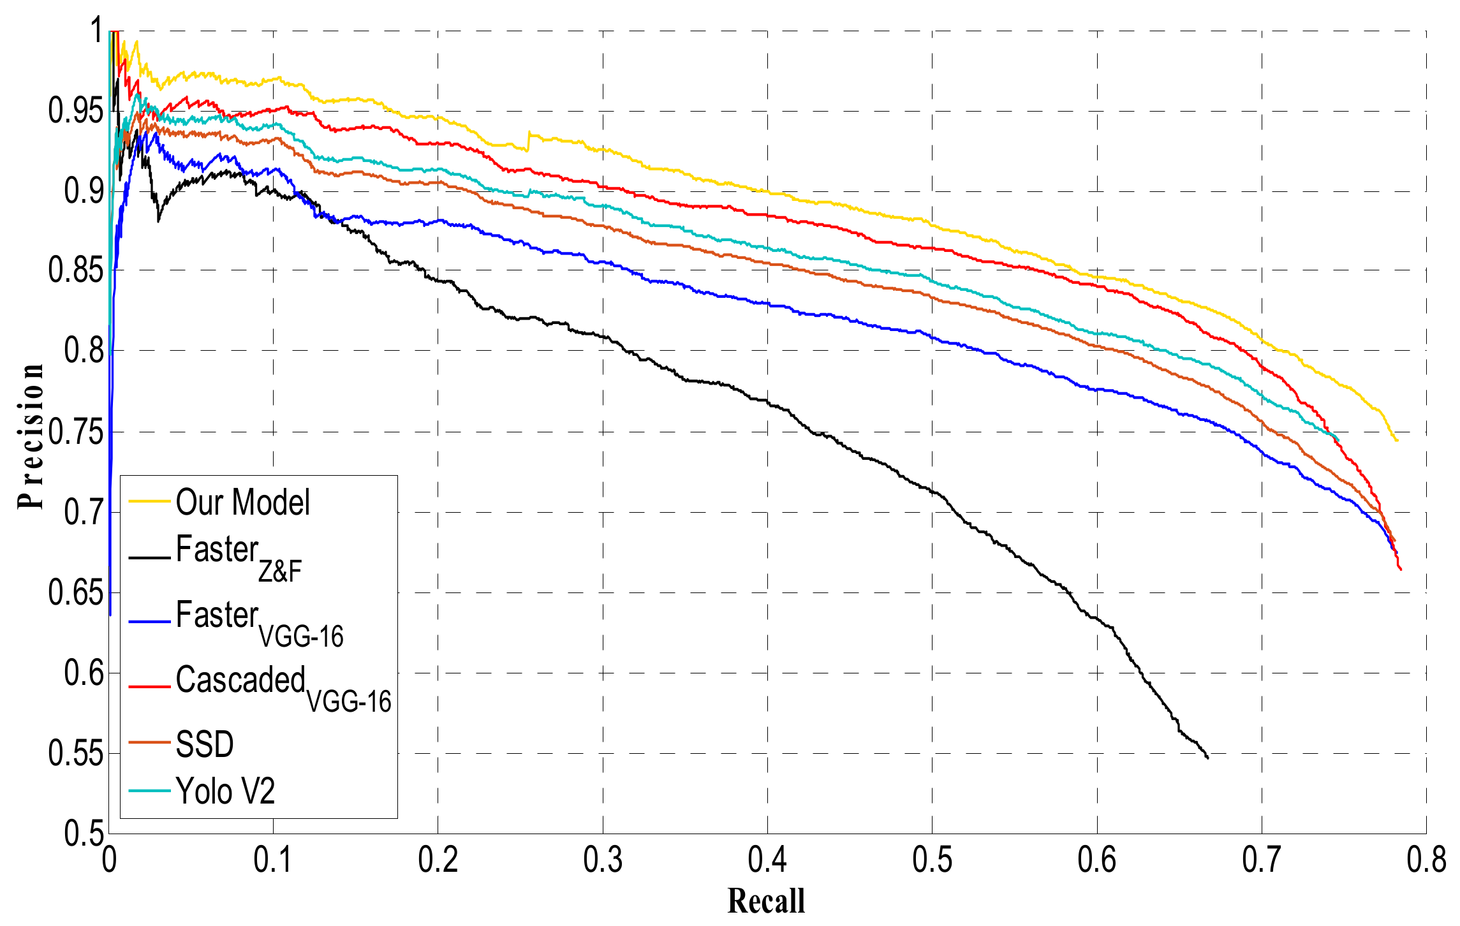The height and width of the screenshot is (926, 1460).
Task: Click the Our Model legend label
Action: click(242, 503)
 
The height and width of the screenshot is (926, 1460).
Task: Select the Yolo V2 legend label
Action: click(225, 791)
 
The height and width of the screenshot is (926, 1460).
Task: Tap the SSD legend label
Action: click(205, 744)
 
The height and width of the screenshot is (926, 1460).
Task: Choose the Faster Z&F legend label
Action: click(239, 555)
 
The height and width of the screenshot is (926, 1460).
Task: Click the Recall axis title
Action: click(766, 901)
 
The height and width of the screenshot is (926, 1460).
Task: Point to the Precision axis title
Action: click(31, 436)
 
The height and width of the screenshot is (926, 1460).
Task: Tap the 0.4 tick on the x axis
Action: click(767, 860)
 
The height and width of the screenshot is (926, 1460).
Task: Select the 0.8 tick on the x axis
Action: click(1426, 860)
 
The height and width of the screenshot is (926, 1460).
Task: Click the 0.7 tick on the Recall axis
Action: click(1262, 860)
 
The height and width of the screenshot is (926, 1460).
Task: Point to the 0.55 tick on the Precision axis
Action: click(75, 754)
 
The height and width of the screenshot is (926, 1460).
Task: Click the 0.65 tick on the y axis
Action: click(75, 593)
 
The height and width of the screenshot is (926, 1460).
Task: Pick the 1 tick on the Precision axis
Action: click(96, 31)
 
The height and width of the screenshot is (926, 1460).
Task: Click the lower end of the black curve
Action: click(1207, 758)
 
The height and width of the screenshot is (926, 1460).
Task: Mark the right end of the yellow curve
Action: click(1397, 441)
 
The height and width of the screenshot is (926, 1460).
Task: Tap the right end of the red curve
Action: click(1401, 570)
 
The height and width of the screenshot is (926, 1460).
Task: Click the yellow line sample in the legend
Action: click(149, 502)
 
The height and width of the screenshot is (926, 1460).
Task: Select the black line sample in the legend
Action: click(149, 558)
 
